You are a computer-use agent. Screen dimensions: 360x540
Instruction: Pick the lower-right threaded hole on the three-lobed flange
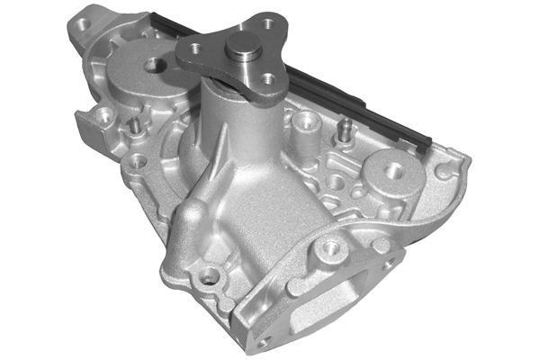point(268,79)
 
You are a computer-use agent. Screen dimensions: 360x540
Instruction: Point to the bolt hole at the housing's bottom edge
point(210,275)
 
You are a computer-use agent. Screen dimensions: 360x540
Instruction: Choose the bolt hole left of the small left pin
point(106,115)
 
